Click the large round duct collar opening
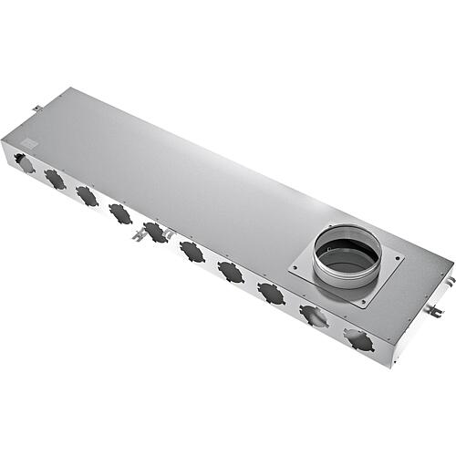tap(347, 253)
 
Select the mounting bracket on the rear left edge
tap(37, 109)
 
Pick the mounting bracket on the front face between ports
tap(139, 235)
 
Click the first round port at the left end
tap(24, 163)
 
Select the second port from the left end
tap(55, 180)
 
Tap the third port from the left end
tap(87, 196)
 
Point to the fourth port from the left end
tap(120, 213)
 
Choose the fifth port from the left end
tap(156, 232)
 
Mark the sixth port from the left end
tap(192, 251)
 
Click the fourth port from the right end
tap(231, 272)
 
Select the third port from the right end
tap(271, 293)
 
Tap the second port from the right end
tap(314, 316)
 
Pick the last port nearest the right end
tap(358, 340)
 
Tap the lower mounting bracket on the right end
tap(434, 313)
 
